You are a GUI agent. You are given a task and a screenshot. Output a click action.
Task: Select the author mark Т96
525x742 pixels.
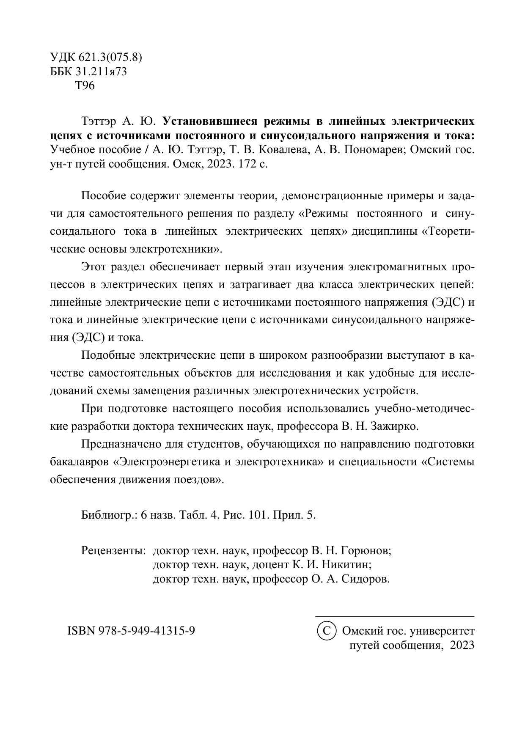point(85,86)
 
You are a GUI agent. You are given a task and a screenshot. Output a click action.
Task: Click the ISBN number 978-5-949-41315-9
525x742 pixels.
point(147,631)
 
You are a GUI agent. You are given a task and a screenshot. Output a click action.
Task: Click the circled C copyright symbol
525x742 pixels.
point(326,631)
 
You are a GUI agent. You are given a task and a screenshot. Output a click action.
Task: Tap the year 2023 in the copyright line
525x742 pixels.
point(462,646)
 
